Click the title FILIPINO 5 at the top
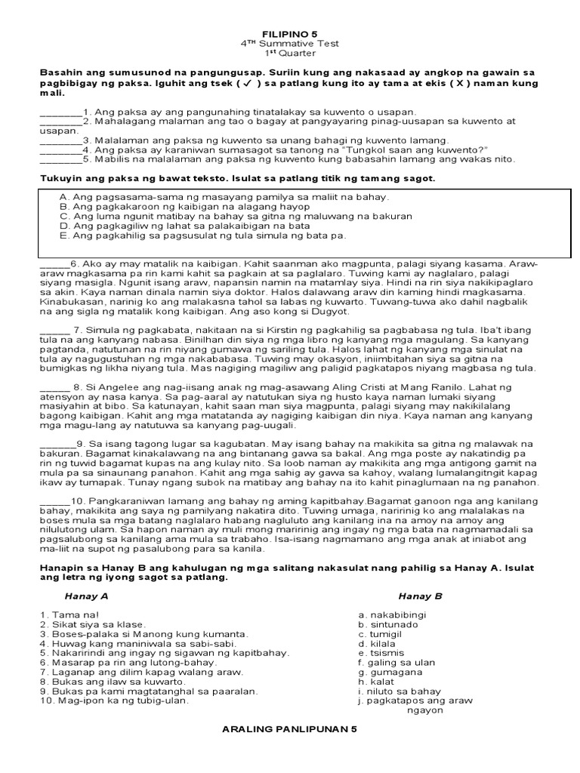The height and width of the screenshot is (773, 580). pyautogui.click(x=289, y=35)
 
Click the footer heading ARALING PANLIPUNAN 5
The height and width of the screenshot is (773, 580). pyautogui.click(x=289, y=730)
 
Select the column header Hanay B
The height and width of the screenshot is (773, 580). pyautogui.click(x=420, y=596)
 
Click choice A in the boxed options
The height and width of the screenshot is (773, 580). pyautogui.click(x=223, y=196)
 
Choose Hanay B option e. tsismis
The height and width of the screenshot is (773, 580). pyautogui.click(x=381, y=653)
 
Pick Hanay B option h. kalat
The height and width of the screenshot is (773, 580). pyautogui.click(x=378, y=681)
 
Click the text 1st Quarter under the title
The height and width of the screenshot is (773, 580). pyautogui.click(x=289, y=54)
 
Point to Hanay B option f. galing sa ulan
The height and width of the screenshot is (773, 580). pyautogui.click(x=397, y=662)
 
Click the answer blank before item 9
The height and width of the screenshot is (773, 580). pyautogui.click(x=57, y=445)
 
